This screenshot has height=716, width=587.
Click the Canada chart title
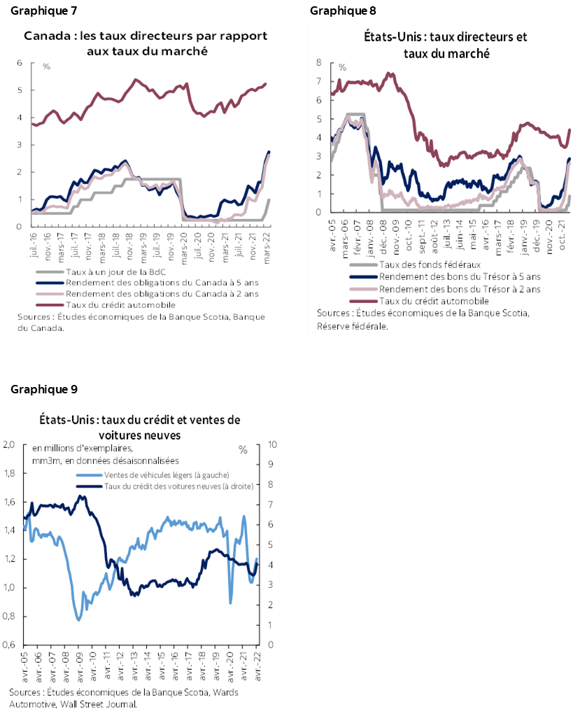pos(146,43)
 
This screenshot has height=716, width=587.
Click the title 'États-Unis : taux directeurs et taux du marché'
pos(445,45)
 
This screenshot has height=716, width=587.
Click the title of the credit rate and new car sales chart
pos(139,427)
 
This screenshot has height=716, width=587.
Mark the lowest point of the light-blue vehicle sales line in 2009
pos(78,620)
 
